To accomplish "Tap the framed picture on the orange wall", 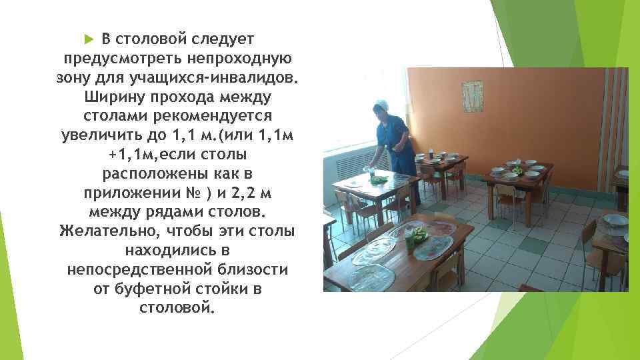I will [473, 94].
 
